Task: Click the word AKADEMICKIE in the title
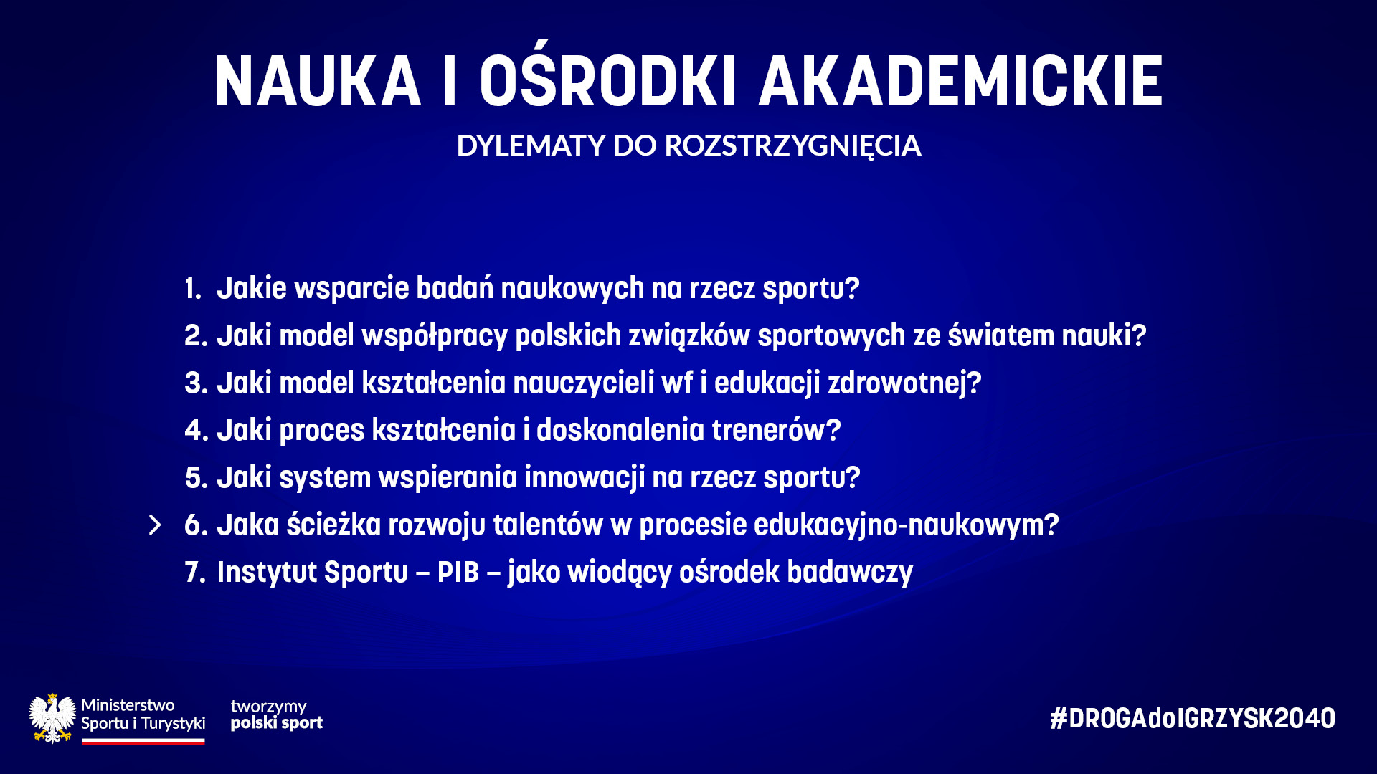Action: point(961,81)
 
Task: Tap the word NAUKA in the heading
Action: point(317,81)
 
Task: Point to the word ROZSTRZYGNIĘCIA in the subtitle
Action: point(792,146)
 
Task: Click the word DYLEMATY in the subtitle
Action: point(531,145)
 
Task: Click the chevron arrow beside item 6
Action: point(155,525)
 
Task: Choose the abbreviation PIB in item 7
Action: point(458,573)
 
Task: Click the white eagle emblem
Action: point(52,718)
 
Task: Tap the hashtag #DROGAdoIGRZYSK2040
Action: point(1192,718)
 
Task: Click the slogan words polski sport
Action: point(277,723)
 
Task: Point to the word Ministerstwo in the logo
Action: point(128,705)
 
